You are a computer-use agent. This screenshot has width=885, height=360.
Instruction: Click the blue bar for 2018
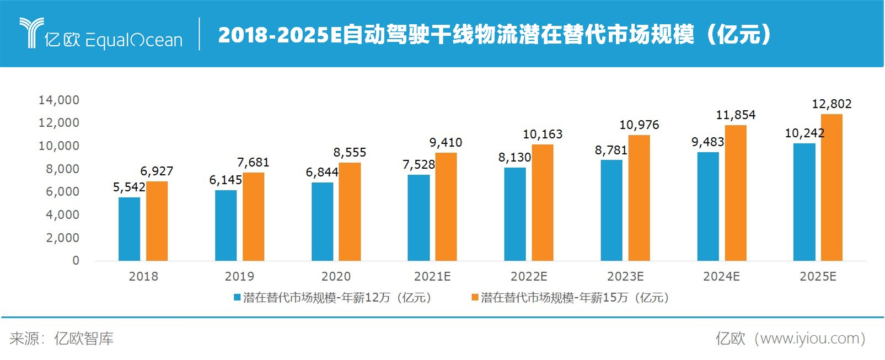click(x=129, y=229)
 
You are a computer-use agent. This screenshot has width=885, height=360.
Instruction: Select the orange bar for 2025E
click(x=831, y=187)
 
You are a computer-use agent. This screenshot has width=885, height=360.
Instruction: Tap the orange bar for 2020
click(x=350, y=212)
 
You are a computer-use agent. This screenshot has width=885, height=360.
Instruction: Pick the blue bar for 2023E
click(x=611, y=210)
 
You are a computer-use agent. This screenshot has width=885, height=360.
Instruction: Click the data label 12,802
click(x=831, y=104)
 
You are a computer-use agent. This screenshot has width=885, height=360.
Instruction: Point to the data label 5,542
click(x=129, y=187)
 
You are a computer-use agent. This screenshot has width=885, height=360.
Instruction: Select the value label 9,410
click(x=446, y=142)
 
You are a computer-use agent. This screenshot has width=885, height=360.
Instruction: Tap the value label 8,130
click(x=514, y=157)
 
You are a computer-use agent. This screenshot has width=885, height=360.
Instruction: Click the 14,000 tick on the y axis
click(x=58, y=100)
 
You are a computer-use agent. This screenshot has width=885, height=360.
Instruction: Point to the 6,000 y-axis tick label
click(x=62, y=191)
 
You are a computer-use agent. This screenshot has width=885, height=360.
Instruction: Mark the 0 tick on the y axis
click(x=76, y=260)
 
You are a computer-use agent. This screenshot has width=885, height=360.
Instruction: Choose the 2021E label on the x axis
click(x=432, y=276)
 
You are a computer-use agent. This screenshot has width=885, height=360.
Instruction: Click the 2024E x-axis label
click(x=721, y=276)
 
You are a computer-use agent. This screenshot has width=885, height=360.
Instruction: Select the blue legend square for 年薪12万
click(x=237, y=298)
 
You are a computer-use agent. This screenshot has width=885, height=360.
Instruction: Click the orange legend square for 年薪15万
click(x=474, y=298)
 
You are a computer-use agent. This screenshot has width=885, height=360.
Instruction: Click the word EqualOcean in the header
click(x=134, y=40)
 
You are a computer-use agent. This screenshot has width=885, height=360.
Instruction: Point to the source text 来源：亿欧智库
click(x=61, y=338)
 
